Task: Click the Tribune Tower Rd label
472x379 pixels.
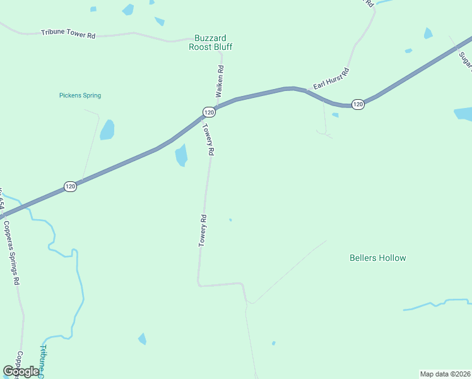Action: click(68, 33)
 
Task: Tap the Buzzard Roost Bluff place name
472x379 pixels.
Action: click(211, 42)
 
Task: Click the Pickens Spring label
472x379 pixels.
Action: click(80, 95)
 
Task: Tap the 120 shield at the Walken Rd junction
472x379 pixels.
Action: click(209, 112)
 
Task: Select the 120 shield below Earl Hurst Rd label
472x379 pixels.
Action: click(358, 104)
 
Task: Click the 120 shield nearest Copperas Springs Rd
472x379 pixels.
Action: click(71, 186)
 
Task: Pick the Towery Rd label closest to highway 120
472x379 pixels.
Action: click(209, 139)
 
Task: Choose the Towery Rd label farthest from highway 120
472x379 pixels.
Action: click(203, 231)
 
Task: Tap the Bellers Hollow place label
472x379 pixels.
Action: click(378, 258)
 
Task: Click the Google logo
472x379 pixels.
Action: click(21, 371)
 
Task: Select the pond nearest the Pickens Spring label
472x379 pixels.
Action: click(107, 129)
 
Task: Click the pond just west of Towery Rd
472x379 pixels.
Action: click(182, 155)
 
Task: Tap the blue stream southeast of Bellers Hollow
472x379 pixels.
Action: click(435, 304)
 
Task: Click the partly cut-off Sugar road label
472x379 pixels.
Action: click(465, 59)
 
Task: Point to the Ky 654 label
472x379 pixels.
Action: click(2, 200)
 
